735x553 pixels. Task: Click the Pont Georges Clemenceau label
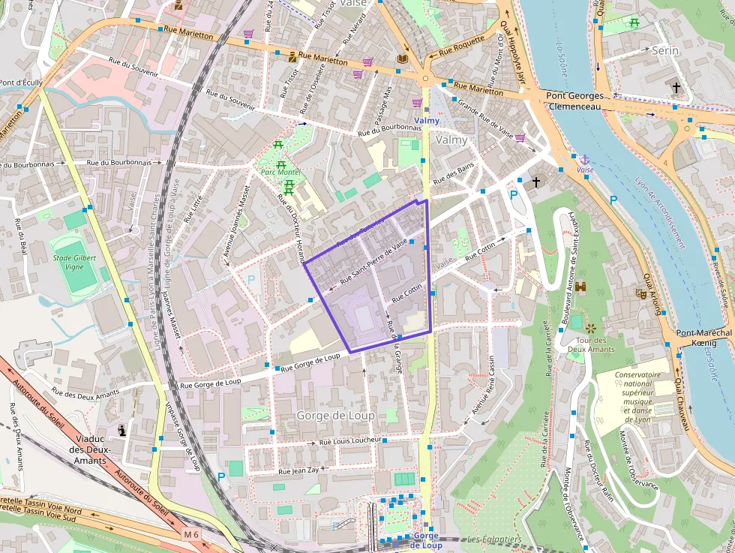coord(574,101)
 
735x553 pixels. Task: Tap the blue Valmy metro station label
coord(427,120)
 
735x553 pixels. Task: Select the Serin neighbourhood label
coord(665,50)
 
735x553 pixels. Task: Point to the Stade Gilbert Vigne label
coord(75,262)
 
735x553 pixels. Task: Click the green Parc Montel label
coord(280,173)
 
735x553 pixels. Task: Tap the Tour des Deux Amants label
coord(592,344)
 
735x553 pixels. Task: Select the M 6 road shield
coord(191,534)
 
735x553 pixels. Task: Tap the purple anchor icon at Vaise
coord(583,160)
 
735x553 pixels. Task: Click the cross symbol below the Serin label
coord(676,88)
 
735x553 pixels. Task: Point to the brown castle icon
coord(580,287)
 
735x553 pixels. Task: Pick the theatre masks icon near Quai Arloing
coord(641,294)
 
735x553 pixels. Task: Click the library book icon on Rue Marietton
coord(403,59)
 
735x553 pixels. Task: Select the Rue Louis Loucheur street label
coord(351,440)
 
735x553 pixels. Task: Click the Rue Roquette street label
coord(461,46)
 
